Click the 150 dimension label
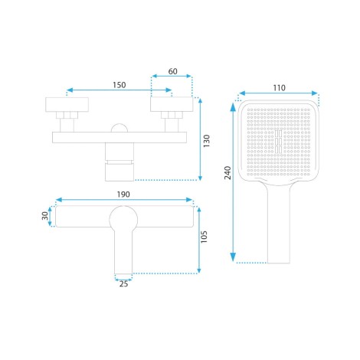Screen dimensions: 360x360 coord(119,85)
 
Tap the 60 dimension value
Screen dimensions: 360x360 coord(173,71)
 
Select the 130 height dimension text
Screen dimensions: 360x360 coord(206,141)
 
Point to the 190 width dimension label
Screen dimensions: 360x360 coord(123,195)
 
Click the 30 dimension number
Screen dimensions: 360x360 coord(45,216)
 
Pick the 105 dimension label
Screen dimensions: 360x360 coord(204,237)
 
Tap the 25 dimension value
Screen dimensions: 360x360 coord(123,283)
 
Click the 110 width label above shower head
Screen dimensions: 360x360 coord(279,88)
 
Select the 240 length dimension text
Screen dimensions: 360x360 coord(227,173)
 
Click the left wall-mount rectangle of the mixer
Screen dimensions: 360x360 coord(67,105)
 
